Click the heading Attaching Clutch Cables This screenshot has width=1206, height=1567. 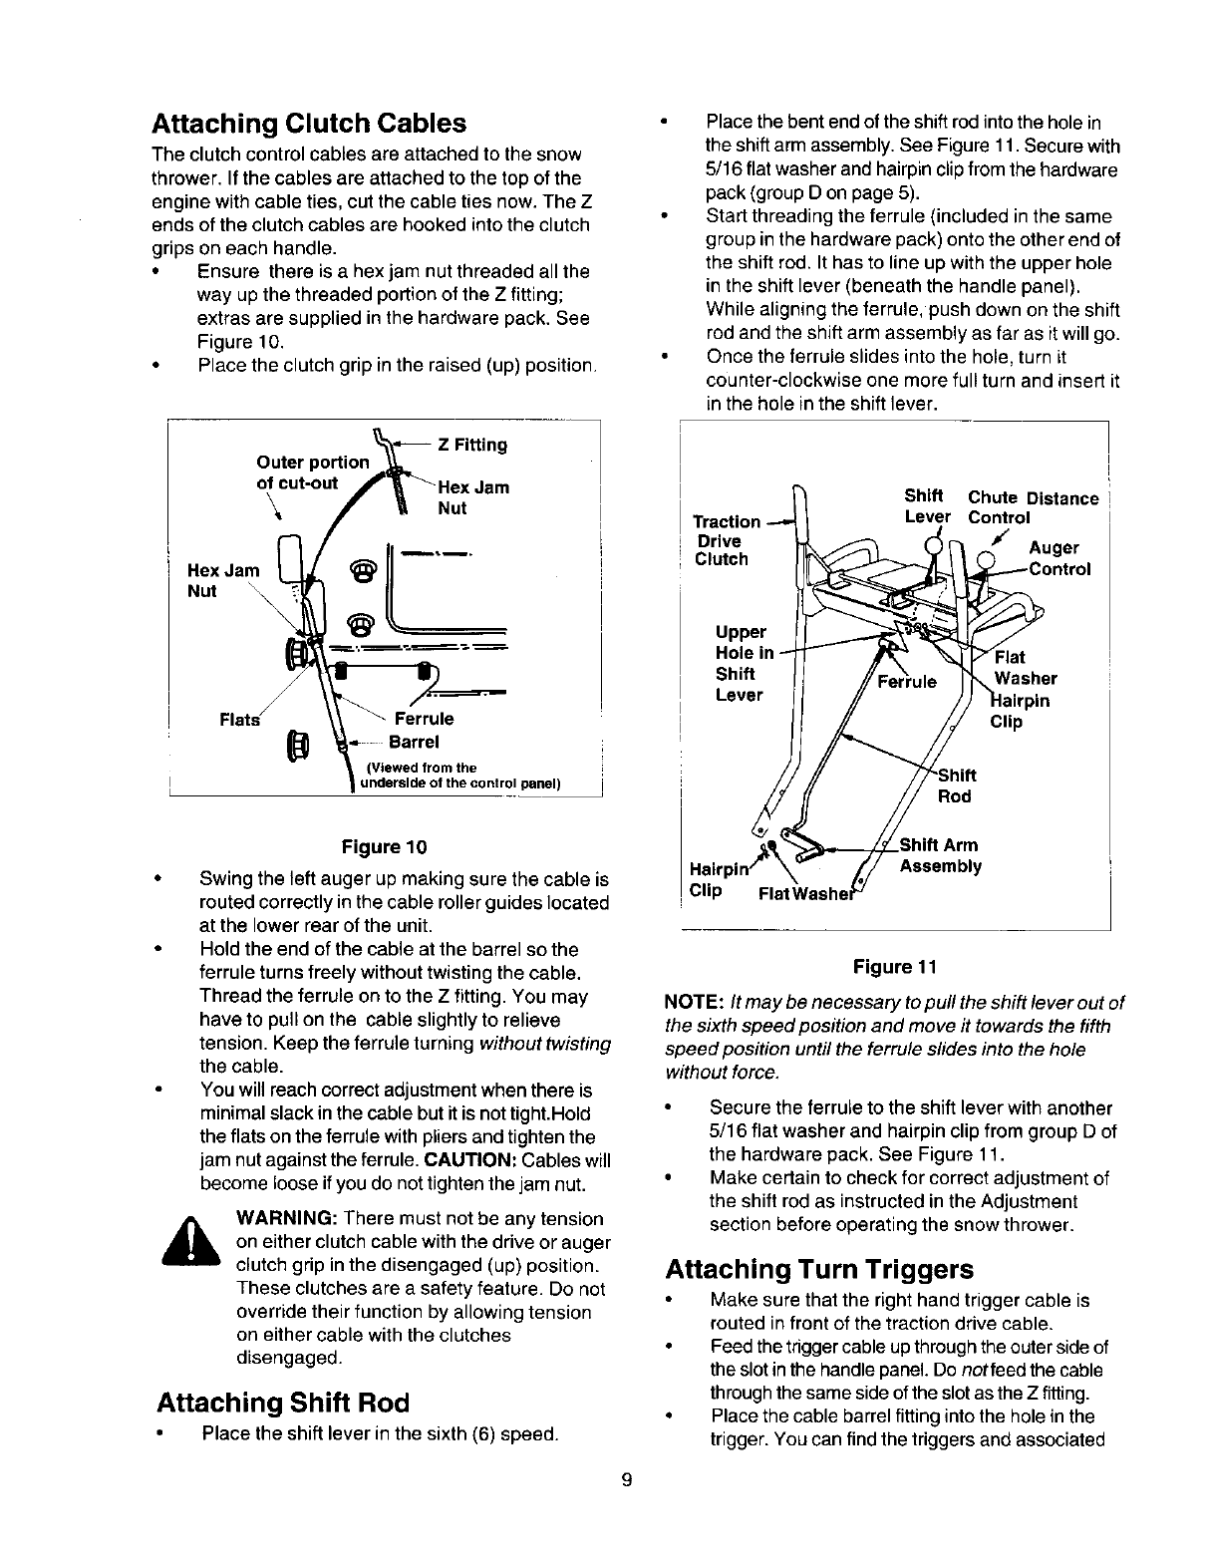pos(308,124)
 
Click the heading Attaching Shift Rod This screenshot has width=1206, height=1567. pos(282,1403)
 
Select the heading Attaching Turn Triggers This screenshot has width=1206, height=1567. pos(818,1269)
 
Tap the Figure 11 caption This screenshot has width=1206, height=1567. pos(895,967)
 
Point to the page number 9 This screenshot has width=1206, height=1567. pos(626,1479)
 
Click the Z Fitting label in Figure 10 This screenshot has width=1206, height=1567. pos(472,445)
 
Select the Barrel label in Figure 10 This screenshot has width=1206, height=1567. pos(414,742)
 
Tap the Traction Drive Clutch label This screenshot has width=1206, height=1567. pos(726,540)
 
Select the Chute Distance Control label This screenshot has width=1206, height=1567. pos(1033,507)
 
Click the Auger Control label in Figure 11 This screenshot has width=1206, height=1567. pos(1058,558)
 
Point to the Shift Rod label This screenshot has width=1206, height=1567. pos(958,785)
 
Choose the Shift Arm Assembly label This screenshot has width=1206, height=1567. pos(939,855)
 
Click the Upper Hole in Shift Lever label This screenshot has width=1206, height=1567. pos(742,663)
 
